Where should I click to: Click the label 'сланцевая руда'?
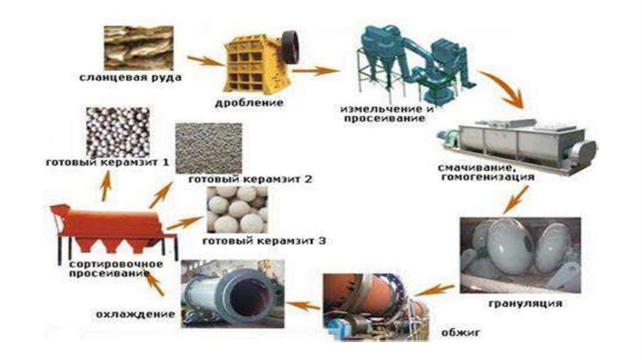coord(130,78)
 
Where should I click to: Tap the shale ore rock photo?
coord(138,47)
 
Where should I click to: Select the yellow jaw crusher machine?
coord(254,63)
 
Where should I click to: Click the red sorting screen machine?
coord(113,229)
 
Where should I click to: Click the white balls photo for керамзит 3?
coord(236,208)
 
